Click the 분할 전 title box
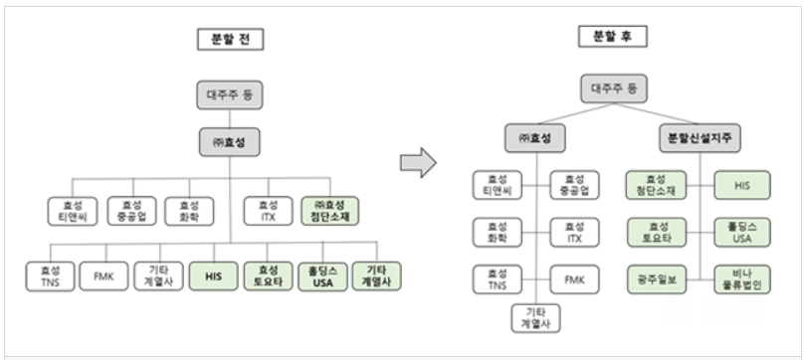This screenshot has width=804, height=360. pos(230,40)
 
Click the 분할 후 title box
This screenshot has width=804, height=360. pos(613,37)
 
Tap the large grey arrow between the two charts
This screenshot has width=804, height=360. pos(418,162)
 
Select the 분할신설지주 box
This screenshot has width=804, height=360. pos(700,138)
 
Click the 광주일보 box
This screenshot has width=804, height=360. pos(657,279)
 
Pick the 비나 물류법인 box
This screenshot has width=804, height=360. pos(742,279)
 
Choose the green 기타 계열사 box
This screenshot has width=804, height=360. pos(376,276)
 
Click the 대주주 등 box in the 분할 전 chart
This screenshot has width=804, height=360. pos(230,94)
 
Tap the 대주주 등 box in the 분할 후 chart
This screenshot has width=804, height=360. pos(614,89)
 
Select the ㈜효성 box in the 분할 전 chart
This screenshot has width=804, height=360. pos(229,142)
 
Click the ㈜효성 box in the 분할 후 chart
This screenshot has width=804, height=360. pos(535,138)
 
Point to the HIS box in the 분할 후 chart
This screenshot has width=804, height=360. pos(742,185)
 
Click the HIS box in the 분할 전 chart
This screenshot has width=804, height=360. pos(213,276)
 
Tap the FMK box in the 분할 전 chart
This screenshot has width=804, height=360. pos(103,276)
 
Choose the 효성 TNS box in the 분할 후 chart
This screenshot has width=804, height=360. pos(497,279)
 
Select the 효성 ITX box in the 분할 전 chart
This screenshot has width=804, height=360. pos(269,211)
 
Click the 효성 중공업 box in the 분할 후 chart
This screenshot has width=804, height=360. pos(574,185)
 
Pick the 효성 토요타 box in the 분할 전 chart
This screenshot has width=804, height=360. pos(268,276)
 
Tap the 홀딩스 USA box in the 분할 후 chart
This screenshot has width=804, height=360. pos(742,233)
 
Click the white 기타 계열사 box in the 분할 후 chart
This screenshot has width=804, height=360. pos(535,318)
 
